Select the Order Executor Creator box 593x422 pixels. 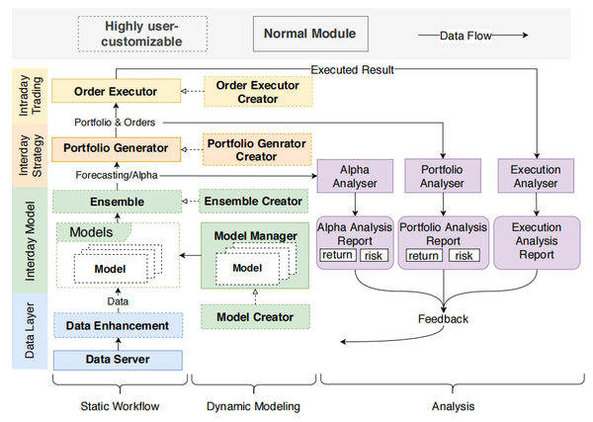(257, 92)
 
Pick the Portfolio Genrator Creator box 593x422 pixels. (257, 148)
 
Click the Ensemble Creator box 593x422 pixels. (254, 202)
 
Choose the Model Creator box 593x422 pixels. (254, 316)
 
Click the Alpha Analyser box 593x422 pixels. (354, 175)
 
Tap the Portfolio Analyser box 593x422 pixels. (444, 175)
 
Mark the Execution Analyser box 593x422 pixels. (535, 175)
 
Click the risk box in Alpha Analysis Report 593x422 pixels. (375, 256)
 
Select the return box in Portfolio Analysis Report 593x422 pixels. (423, 256)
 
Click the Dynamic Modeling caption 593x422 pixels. (254, 405)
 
